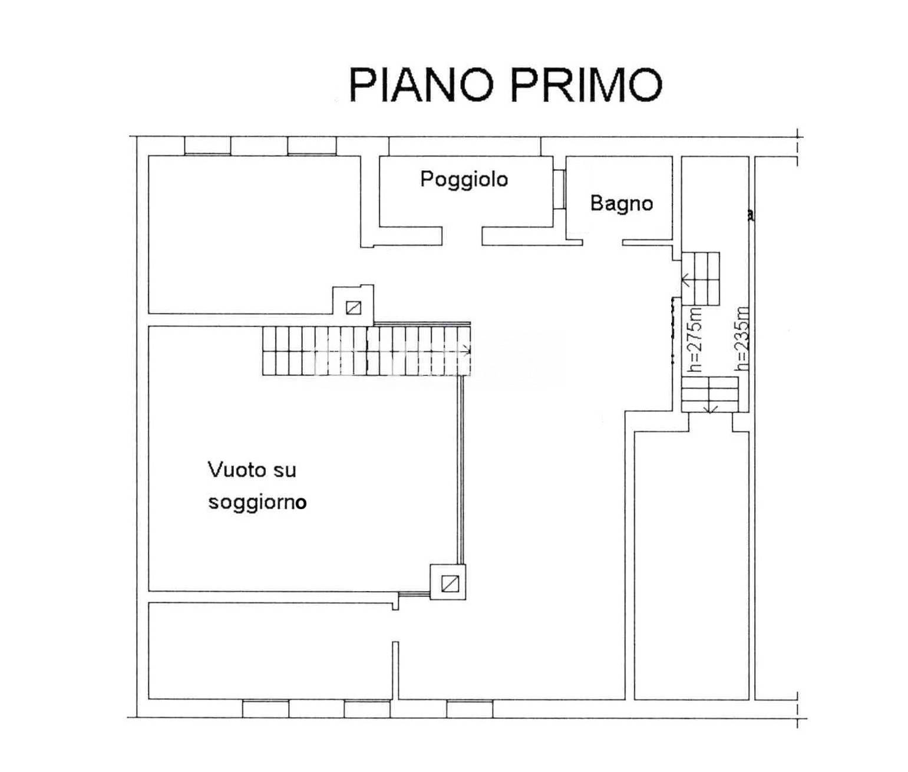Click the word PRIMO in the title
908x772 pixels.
pyautogui.click(x=586, y=85)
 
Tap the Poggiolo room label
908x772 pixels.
pyautogui.click(x=464, y=179)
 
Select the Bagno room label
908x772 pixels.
pyautogui.click(x=622, y=203)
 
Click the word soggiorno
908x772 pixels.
pyautogui.click(x=257, y=503)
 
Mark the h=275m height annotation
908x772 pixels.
pyautogui.click(x=696, y=339)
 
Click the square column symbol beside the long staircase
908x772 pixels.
pyautogui.click(x=354, y=308)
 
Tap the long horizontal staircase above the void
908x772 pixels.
pyautogui.click(x=367, y=351)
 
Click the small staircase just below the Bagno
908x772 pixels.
pyautogui.click(x=700, y=279)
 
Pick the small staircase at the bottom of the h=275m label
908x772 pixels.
pyautogui.click(x=709, y=394)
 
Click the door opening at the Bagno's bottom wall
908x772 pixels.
pyautogui.click(x=603, y=243)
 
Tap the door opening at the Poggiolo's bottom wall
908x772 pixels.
pyautogui.click(x=462, y=236)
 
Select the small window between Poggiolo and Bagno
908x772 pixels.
pyautogui.click(x=559, y=189)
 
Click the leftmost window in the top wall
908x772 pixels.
pyautogui.click(x=208, y=146)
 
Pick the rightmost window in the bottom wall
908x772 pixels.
pyautogui.click(x=470, y=709)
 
